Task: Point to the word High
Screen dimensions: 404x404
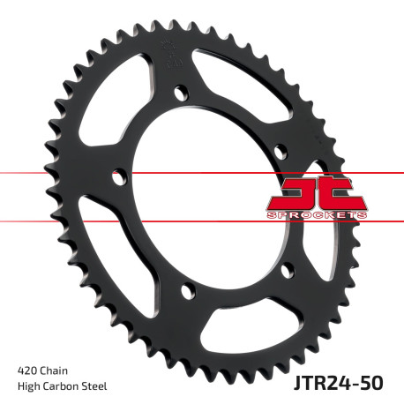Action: click(x=30, y=385)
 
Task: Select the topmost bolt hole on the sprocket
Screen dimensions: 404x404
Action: click(x=180, y=90)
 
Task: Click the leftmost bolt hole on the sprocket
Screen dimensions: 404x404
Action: click(x=116, y=177)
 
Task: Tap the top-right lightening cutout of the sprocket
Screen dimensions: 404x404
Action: click(x=247, y=85)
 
